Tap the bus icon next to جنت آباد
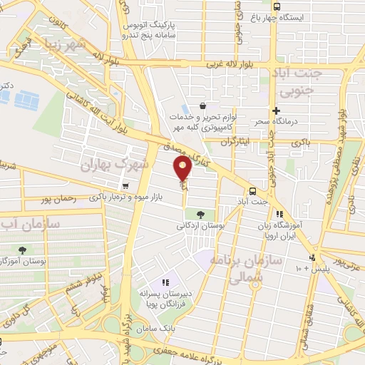(x=253, y=190)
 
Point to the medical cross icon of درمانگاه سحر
(x=276, y=110)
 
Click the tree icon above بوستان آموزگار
(x=23, y=250)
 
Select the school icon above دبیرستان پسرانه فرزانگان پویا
(x=166, y=283)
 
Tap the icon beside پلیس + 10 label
(x=312, y=257)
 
